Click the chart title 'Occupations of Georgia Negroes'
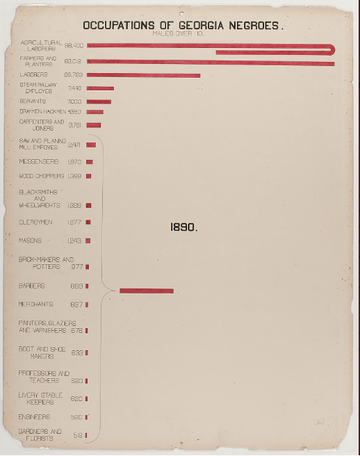tap(183, 26)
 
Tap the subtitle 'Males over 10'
tap(183, 33)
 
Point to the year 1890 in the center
tap(184, 227)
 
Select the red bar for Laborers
tap(143, 75)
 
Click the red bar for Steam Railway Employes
tap(100, 88)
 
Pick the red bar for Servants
tap(99, 101)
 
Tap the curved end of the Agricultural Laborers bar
tap(333, 49)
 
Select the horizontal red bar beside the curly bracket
tap(147, 291)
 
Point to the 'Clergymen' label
tap(35, 222)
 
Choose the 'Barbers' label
tap(32, 286)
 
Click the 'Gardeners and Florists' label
tap(40, 435)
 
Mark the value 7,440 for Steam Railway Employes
tap(74, 88)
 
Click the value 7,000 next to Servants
tap(75, 101)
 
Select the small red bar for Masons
tap(88, 241)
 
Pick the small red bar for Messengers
tap(90, 161)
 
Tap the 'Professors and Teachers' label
tap(44, 377)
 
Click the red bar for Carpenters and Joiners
tap(94, 125)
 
